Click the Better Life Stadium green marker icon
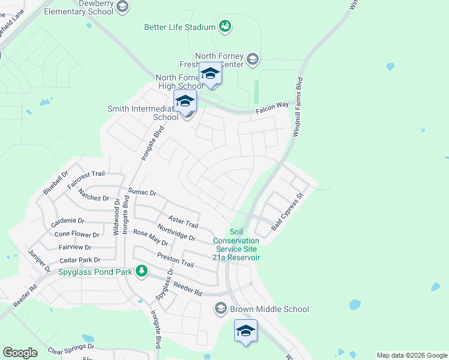click(225, 26)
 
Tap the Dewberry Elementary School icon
click(123, 7)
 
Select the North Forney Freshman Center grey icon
click(253, 58)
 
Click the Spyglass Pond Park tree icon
click(141, 271)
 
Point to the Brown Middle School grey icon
click(220, 309)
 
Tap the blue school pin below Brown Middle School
click(246, 331)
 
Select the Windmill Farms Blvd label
click(297, 107)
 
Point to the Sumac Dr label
click(142, 193)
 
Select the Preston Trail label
click(175, 260)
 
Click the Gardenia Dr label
click(67, 221)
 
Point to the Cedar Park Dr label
click(79, 260)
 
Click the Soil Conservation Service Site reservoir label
click(236, 244)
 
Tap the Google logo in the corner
click(20, 353)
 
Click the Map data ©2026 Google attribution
click(412, 355)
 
